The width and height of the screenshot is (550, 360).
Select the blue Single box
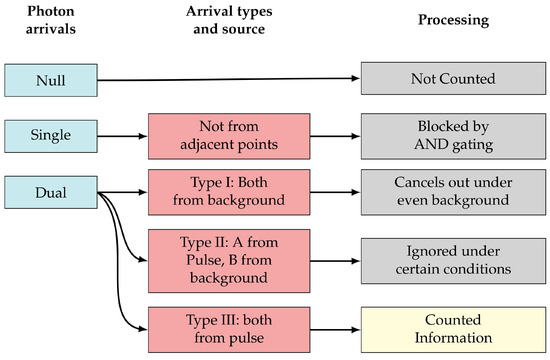[x=50, y=134]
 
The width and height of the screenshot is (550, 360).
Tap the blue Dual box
[x=50, y=190]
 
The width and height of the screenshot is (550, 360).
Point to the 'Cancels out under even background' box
[x=452, y=191]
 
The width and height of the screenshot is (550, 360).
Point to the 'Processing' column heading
[x=451, y=20]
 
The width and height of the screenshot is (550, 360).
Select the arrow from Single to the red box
[x=120, y=134]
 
